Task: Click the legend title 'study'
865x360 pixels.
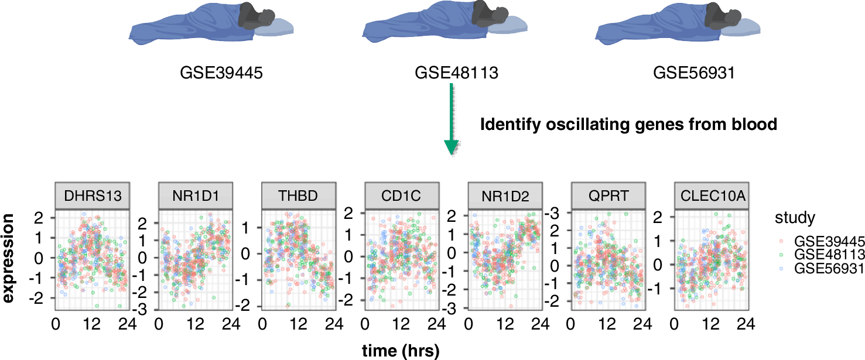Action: [x=795, y=218]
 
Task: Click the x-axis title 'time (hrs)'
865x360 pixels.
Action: [x=401, y=350]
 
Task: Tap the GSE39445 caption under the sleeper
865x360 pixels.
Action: [x=221, y=73]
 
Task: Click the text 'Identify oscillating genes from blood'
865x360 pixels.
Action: [x=628, y=124]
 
